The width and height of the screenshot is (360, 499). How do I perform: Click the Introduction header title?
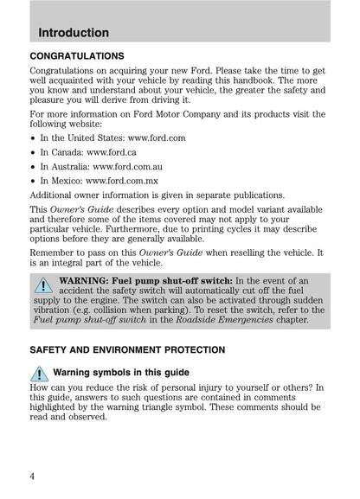point(74,33)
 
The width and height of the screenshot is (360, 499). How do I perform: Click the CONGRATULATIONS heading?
point(81,54)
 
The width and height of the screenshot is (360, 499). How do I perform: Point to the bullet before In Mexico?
point(33,192)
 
